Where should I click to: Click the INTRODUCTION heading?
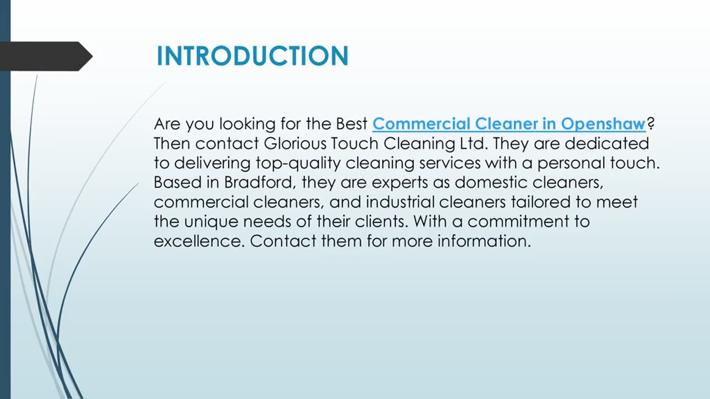click(x=252, y=56)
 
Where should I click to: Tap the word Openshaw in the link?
click(x=603, y=124)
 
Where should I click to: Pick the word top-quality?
click(x=298, y=163)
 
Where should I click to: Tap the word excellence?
click(x=199, y=241)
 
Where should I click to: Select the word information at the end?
click(x=484, y=241)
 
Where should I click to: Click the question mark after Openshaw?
click(x=651, y=123)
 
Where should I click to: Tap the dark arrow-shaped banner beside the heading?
click(x=46, y=56)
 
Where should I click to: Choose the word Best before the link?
click(x=351, y=124)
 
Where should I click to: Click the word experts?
click(x=400, y=183)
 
